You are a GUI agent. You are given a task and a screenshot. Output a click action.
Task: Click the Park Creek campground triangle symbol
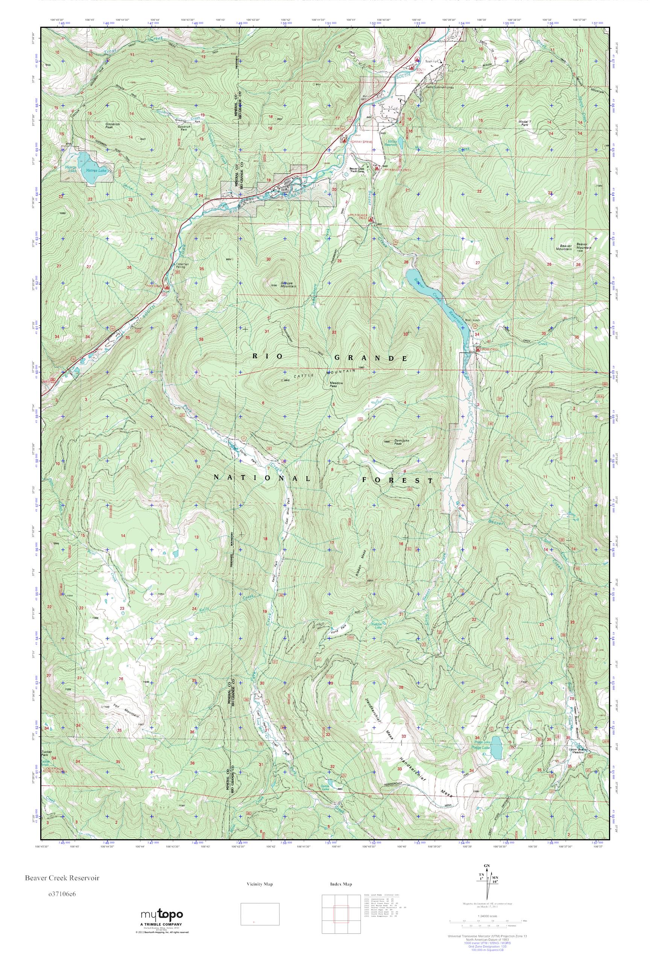167,287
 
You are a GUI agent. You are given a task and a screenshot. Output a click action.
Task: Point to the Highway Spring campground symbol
344,140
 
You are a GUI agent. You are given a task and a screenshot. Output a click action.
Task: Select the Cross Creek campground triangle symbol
478,349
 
